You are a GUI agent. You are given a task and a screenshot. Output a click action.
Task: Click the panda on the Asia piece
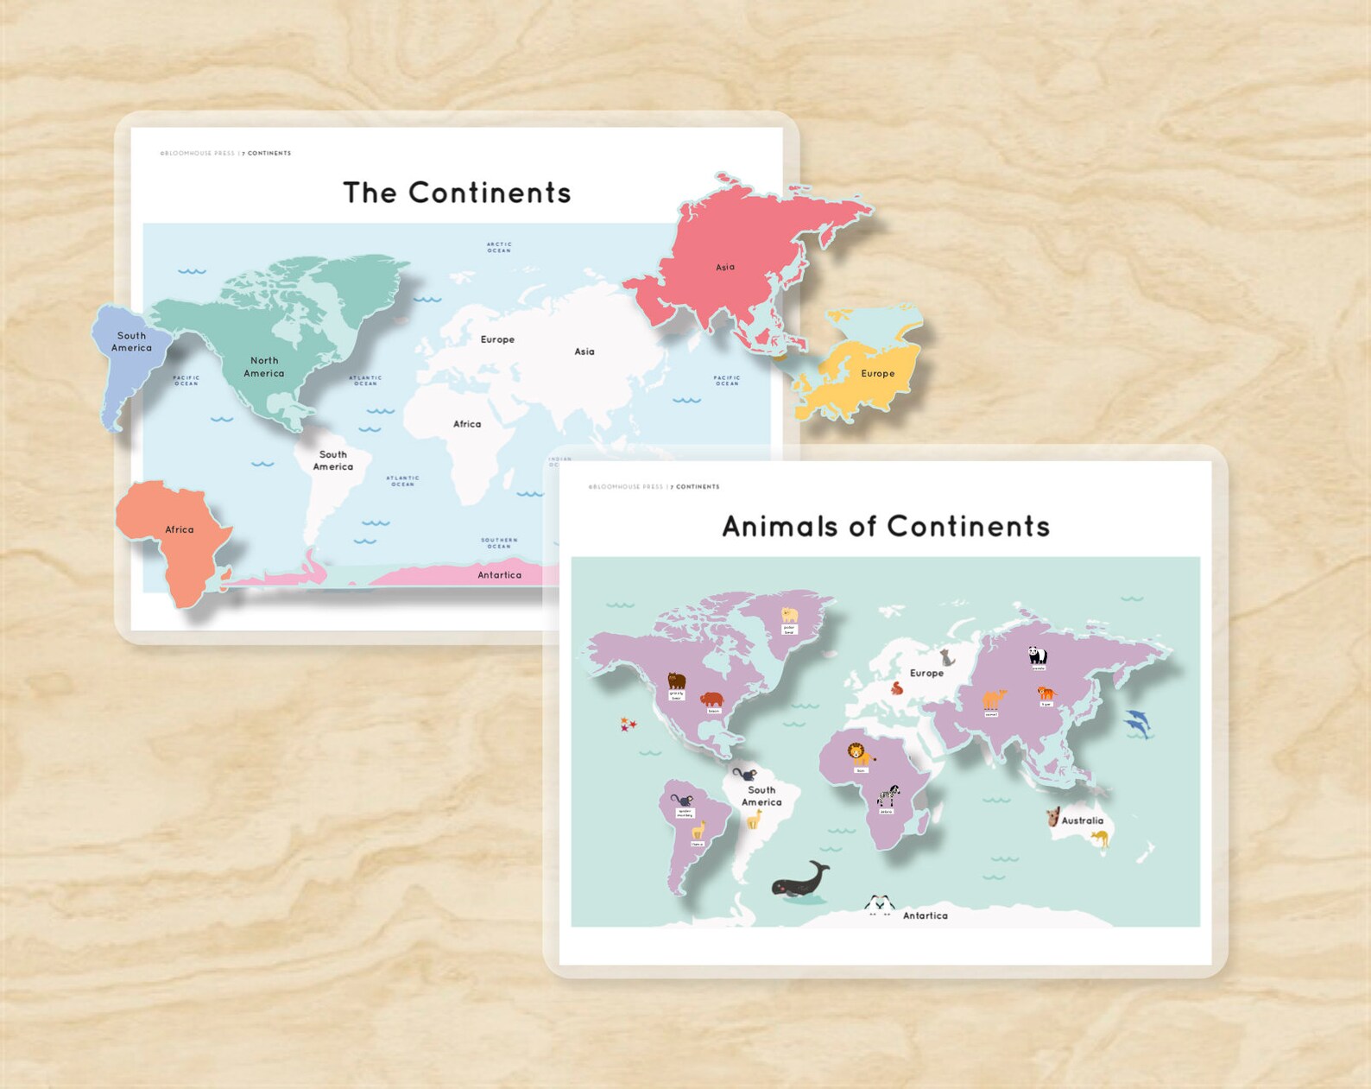[x=1037, y=655]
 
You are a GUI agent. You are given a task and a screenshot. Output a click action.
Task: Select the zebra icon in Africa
[x=888, y=795]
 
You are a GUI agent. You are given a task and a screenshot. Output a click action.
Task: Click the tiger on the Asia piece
[x=1046, y=693]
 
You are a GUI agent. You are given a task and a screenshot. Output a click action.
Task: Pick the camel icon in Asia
[x=994, y=699]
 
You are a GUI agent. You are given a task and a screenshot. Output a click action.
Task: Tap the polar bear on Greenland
[x=789, y=615]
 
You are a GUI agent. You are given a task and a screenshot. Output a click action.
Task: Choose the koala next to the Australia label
[x=1053, y=816]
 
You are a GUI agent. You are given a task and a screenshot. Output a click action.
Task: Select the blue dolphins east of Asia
[x=1137, y=723]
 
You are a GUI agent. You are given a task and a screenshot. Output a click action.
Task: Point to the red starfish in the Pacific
[x=628, y=724]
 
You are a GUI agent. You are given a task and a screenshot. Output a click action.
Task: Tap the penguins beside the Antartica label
[x=879, y=904]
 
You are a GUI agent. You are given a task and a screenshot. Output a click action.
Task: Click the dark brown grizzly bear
[x=676, y=681]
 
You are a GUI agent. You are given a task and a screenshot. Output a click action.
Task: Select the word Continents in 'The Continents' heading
[x=490, y=193]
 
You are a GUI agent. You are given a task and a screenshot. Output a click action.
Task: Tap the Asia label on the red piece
[x=725, y=267]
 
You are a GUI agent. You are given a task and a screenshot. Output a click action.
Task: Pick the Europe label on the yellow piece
[x=877, y=374]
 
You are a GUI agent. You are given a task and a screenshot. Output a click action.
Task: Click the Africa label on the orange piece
[x=180, y=529]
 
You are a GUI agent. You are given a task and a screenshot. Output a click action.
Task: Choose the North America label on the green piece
[x=263, y=367]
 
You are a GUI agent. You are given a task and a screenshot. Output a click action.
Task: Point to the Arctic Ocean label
[x=499, y=247]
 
